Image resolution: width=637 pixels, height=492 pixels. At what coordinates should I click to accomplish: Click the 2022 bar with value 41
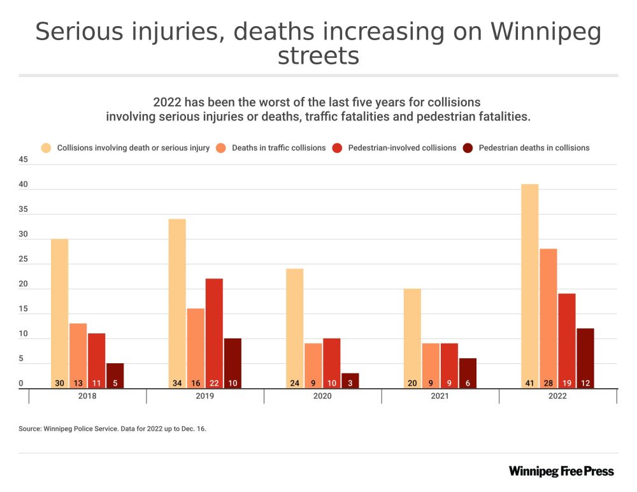coord(529,286)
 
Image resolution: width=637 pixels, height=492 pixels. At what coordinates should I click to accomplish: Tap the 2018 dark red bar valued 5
coord(115,375)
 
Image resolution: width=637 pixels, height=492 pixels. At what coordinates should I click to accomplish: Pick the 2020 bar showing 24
coord(294,328)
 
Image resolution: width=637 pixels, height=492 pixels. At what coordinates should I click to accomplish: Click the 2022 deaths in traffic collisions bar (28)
coord(548,318)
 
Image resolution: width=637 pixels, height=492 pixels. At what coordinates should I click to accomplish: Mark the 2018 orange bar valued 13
coord(78,356)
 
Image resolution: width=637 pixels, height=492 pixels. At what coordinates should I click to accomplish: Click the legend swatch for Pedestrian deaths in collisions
coord(468,148)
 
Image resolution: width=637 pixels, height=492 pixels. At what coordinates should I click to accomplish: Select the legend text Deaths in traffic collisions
coord(278,148)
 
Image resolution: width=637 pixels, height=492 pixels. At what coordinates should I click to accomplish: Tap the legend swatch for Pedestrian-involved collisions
coord(338,148)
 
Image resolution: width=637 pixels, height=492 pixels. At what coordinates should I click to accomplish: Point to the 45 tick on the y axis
coord(24,160)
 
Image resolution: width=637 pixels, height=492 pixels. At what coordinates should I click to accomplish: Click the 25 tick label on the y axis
coord(24,259)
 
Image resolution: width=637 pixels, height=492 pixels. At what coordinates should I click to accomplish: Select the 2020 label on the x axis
coord(322,396)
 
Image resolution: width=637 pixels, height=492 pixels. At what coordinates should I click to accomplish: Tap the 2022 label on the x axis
coord(557,396)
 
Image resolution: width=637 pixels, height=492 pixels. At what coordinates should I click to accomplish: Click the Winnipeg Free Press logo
coord(561,471)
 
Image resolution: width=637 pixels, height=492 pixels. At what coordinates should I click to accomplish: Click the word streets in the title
coord(318,57)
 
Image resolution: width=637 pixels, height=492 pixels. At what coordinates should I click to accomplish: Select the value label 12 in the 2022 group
coord(585,384)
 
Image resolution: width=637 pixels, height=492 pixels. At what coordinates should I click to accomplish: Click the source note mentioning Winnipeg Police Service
coord(113,429)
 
